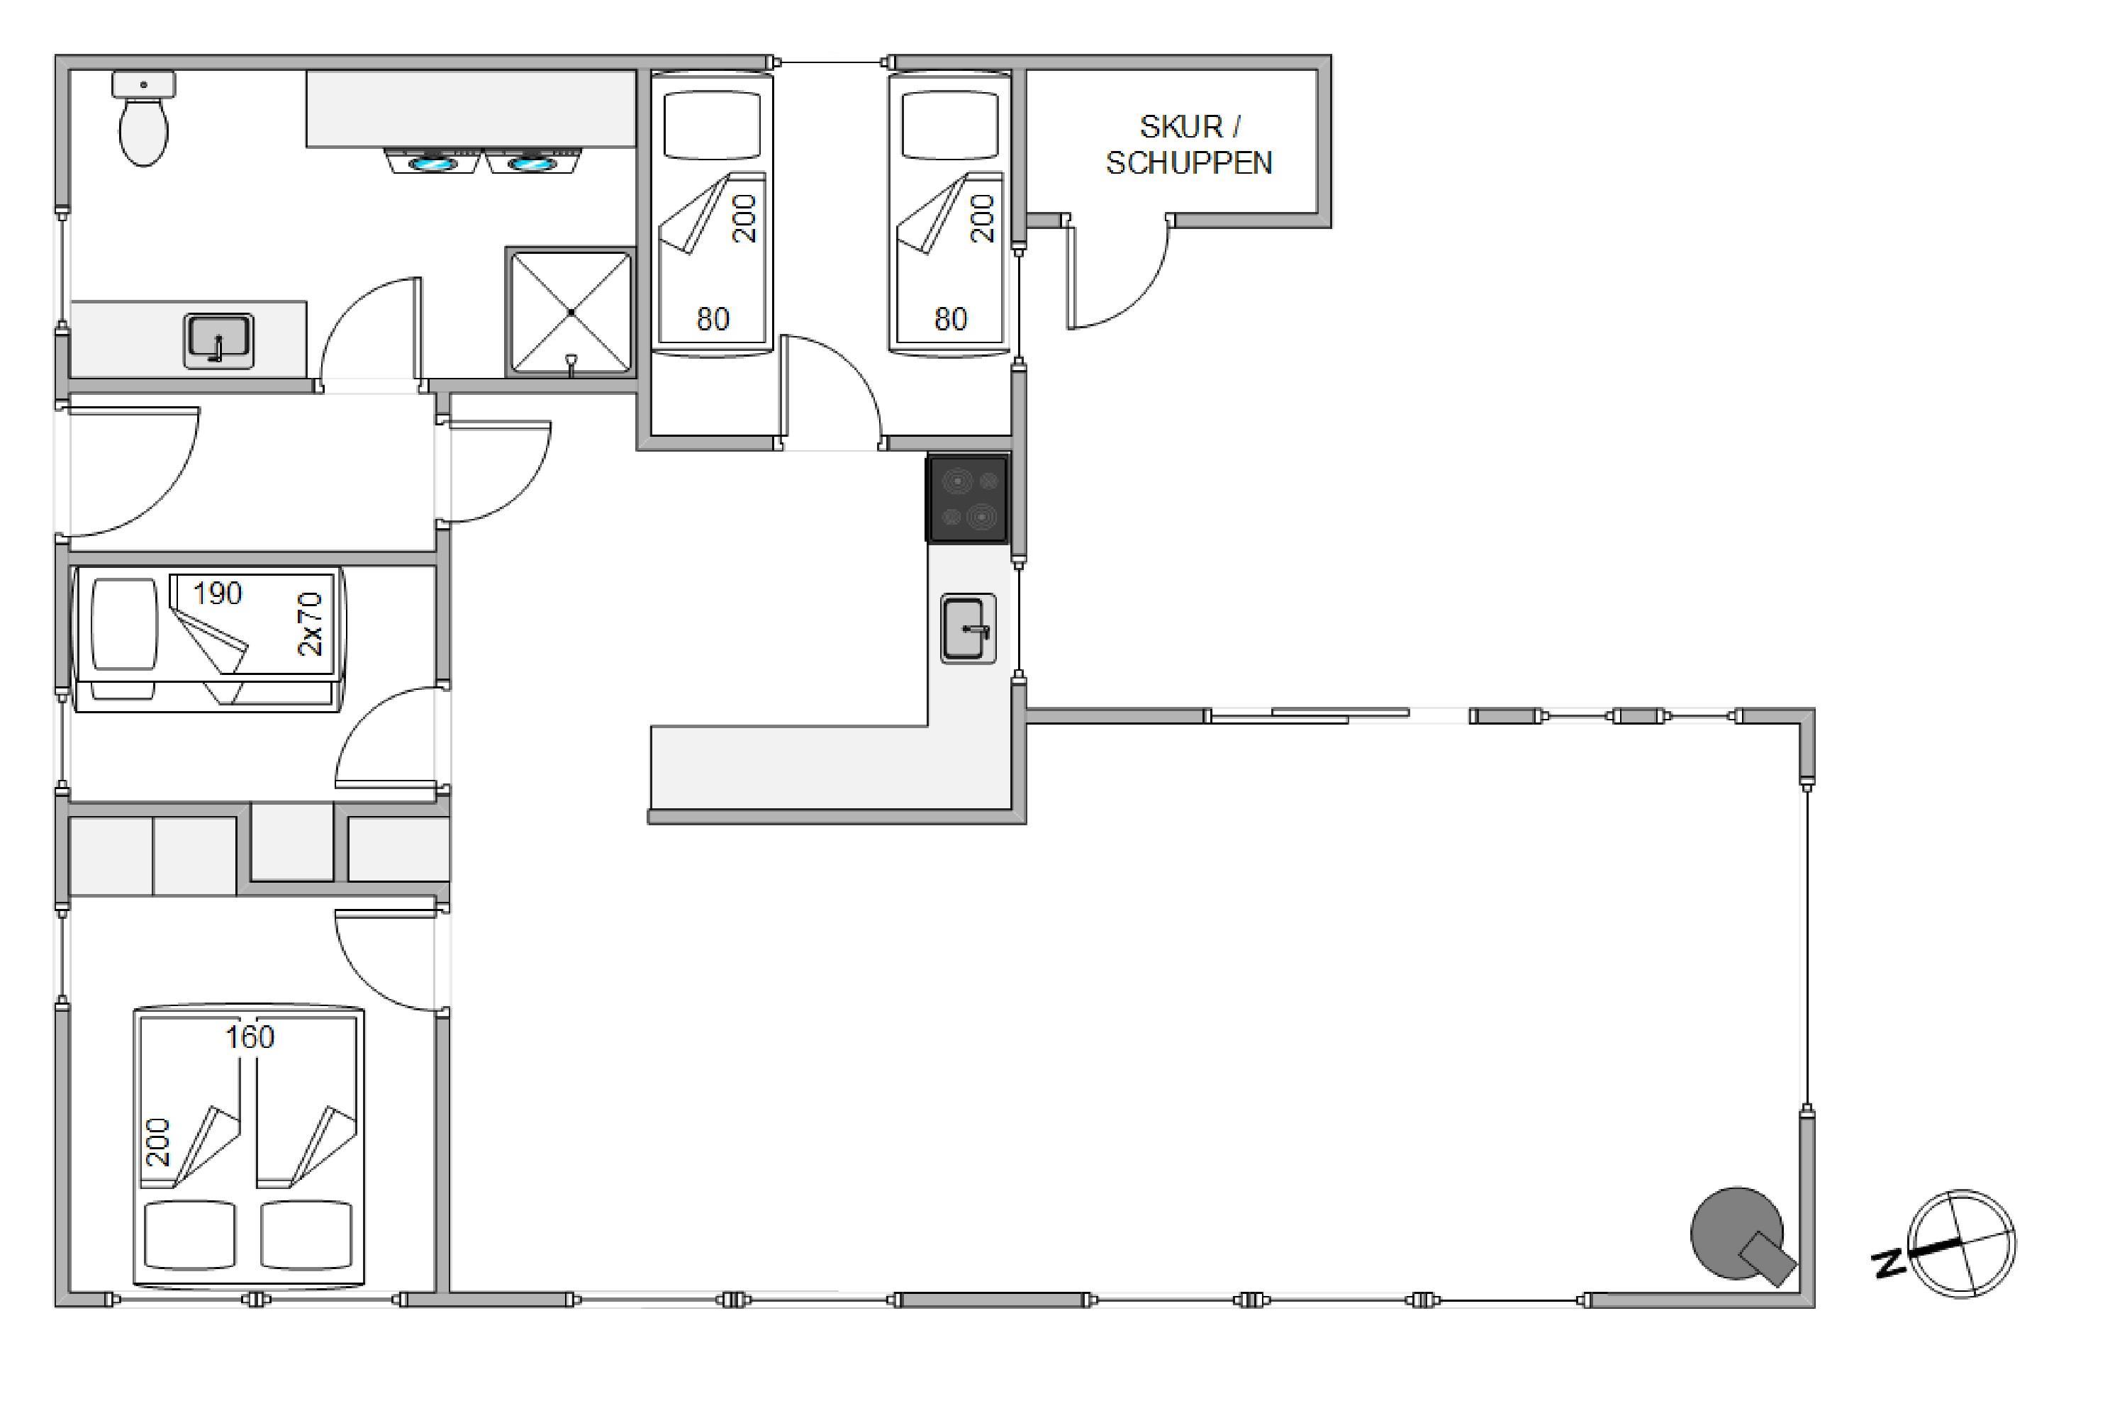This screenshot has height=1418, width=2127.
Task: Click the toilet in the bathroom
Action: click(144, 119)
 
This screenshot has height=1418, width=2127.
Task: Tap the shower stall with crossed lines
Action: click(571, 312)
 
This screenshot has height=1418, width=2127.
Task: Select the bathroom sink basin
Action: click(218, 341)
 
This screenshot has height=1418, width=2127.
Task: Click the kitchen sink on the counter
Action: click(968, 628)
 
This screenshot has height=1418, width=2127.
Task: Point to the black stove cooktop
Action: click(968, 498)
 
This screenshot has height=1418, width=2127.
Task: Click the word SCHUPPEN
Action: click(1189, 163)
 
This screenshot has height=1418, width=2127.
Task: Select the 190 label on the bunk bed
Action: click(217, 593)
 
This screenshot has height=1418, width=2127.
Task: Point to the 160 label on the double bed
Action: click(250, 1037)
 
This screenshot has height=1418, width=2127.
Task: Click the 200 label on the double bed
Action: click(158, 1142)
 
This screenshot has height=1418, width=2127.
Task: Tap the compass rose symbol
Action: click(1962, 1244)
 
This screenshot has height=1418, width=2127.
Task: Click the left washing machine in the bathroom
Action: click(432, 162)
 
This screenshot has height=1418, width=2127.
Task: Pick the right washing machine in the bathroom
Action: click(532, 162)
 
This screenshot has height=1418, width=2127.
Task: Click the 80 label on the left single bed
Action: click(713, 319)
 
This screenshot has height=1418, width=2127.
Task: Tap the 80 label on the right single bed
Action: click(951, 319)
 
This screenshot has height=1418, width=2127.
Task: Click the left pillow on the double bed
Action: click(189, 1234)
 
